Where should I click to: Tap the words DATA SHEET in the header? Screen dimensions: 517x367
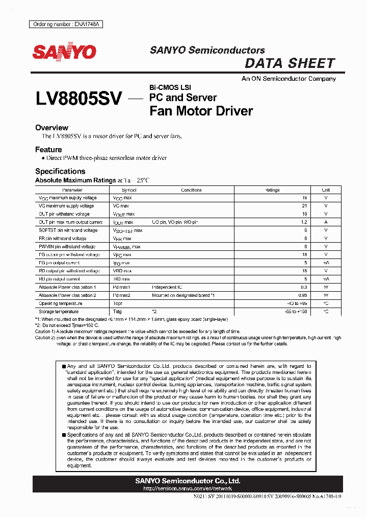(x=290, y=63)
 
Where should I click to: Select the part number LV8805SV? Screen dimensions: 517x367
(x=78, y=99)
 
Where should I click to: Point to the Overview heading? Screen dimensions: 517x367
(x=51, y=128)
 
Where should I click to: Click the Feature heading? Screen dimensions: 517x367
(x=48, y=150)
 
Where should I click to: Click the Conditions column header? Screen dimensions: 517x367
(x=191, y=190)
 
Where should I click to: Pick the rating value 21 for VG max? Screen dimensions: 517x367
(x=305, y=206)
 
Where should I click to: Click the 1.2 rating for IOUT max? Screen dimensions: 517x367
(x=304, y=222)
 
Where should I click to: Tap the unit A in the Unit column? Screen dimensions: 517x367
(x=326, y=222)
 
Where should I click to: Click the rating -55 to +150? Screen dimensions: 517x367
(x=297, y=312)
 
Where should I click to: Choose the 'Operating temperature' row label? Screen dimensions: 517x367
(x=61, y=303)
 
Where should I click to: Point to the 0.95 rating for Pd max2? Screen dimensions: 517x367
(x=303, y=295)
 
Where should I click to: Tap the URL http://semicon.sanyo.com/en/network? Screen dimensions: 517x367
(x=187, y=488)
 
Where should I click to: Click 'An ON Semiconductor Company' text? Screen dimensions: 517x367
(x=289, y=79)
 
